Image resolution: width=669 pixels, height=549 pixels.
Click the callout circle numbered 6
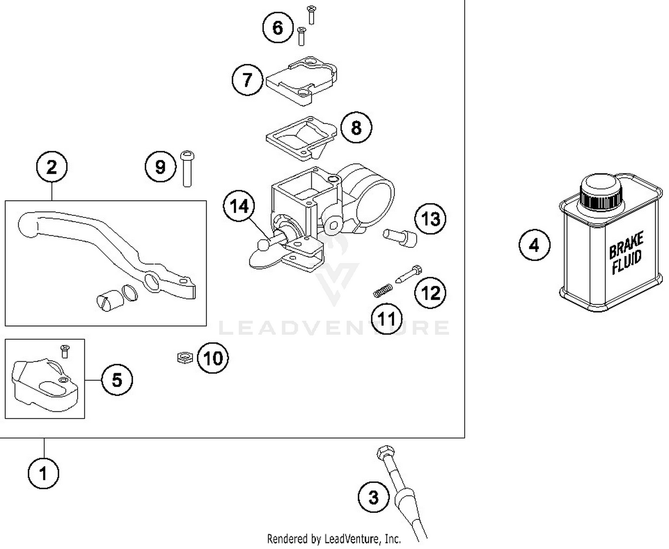[277, 28]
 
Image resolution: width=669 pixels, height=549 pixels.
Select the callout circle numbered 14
[239, 206]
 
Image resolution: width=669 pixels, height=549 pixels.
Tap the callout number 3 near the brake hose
[374, 497]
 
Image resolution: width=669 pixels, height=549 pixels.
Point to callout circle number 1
[43, 473]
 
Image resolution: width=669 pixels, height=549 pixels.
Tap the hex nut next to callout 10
[183, 357]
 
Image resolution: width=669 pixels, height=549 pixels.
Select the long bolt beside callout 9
[187, 168]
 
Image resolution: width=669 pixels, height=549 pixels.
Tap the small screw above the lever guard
[65, 351]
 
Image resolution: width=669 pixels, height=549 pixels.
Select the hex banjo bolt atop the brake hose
[384, 452]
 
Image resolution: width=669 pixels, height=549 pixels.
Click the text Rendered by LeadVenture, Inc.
[334, 539]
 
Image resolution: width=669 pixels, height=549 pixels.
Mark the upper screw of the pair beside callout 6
[311, 14]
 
